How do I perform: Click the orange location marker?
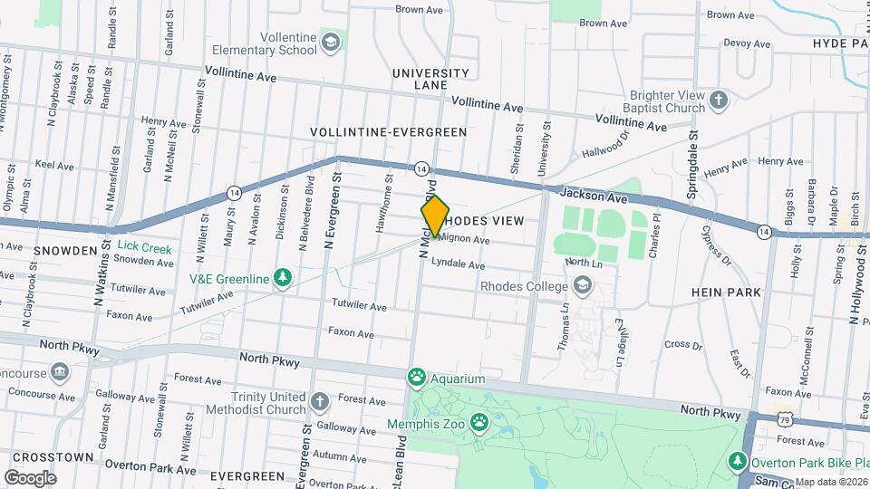point(435,216)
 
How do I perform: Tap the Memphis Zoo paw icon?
point(478,423)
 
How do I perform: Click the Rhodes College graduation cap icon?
point(582,286)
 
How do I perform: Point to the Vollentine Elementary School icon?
point(333,42)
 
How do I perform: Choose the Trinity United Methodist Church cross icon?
point(319,401)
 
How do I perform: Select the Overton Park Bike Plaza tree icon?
point(739,463)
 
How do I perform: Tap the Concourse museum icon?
point(60,371)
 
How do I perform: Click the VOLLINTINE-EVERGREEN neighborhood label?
point(388,131)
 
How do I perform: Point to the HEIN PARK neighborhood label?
point(725,292)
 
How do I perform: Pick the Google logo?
point(30,477)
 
